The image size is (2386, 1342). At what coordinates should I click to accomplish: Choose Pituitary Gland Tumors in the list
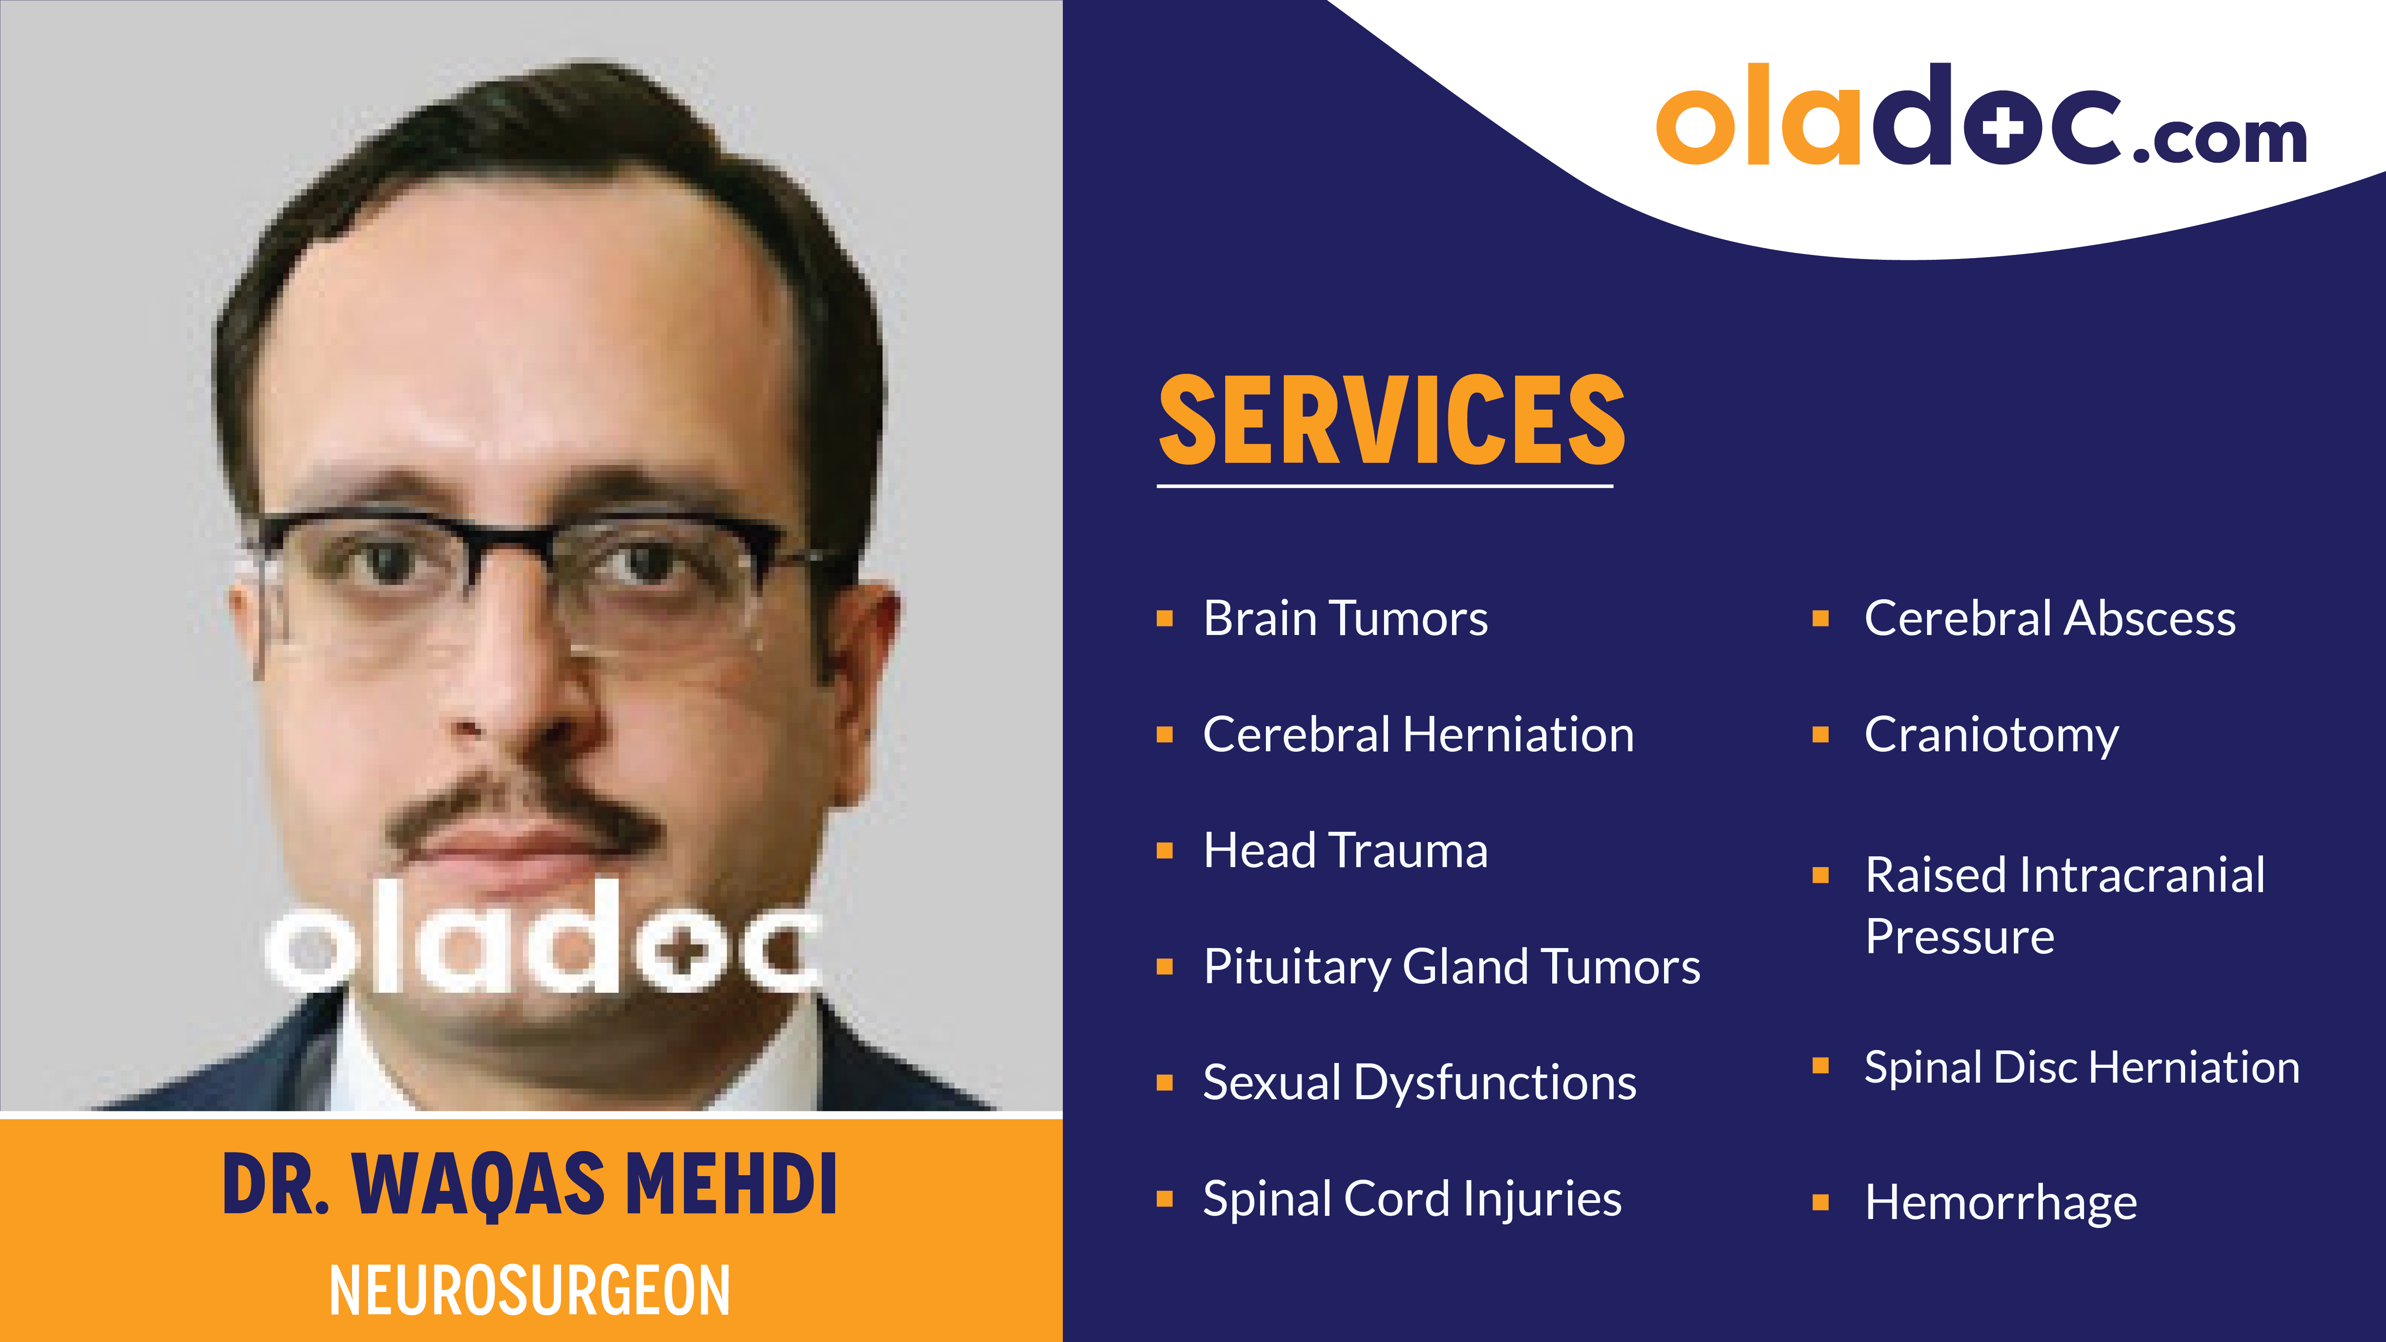[x=1452, y=967]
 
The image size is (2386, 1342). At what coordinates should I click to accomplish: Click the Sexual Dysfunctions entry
[x=1419, y=1083]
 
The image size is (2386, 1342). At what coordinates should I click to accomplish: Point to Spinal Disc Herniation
[x=2081, y=1067]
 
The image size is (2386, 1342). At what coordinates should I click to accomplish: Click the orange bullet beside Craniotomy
[x=1820, y=735]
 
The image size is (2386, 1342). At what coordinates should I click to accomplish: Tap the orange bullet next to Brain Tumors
[x=1165, y=618]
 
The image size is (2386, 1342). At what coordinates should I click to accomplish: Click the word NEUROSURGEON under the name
[x=530, y=1290]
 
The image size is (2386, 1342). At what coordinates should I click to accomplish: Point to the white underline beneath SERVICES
[x=1385, y=484]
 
